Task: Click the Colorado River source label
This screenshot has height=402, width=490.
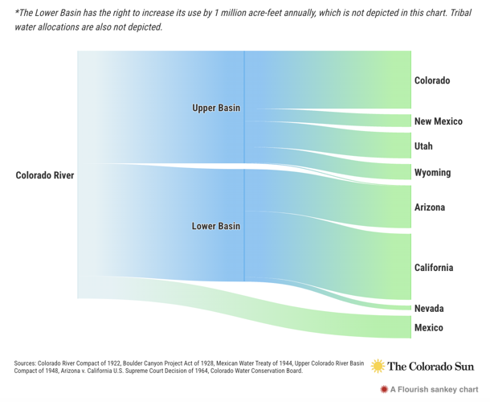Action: (45, 175)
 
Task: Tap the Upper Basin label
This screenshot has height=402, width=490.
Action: (216, 108)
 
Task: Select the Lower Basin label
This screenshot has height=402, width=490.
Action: (215, 227)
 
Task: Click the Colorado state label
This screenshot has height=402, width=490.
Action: (432, 81)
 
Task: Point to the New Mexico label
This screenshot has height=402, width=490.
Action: (439, 121)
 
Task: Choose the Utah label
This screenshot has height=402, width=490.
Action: (423, 146)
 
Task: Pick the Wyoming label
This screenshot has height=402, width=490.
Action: (432, 173)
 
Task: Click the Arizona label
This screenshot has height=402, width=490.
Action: (430, 207)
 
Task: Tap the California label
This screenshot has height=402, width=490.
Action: (434, 268)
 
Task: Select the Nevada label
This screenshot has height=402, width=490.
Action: (429, 309)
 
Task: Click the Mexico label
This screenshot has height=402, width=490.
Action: (428, 328)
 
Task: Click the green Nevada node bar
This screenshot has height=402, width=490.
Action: (410, 307)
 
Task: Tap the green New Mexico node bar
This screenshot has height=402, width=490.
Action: (410, 121)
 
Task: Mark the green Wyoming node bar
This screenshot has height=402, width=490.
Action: (410, 172)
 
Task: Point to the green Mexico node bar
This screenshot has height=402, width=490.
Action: (410, 326)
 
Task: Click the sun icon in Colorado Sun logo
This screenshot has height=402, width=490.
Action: (378, 366)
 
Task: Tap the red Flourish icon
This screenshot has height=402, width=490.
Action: (384, 389)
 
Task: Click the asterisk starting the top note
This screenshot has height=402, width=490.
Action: (18, 12)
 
